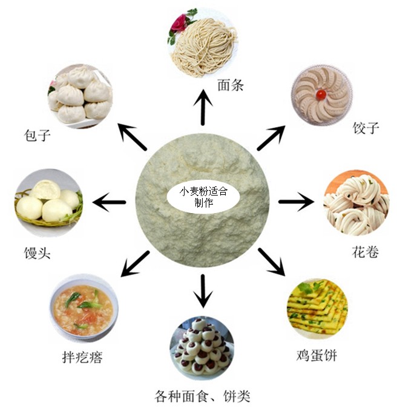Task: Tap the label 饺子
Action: pyautogui.click(x=366, y=129)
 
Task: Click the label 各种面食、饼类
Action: pyautogui.click(x=202, y=397)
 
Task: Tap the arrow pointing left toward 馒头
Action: pyautogui.click(x=110, y=200)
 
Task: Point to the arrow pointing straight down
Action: pyautogui.click(x=202, y=291)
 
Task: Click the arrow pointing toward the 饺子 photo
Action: pyautogui.click(x=270, y=137)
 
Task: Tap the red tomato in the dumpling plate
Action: pyautogui.click(x=321, y=94)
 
